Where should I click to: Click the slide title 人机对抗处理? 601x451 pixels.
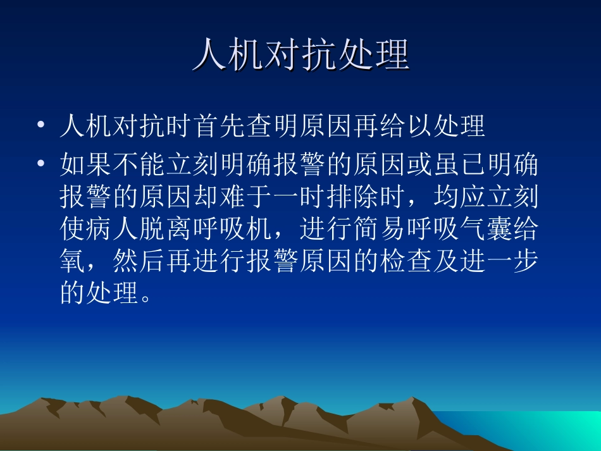(x=300, y=55)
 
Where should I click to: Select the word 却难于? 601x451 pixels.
(x=247, y=197)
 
